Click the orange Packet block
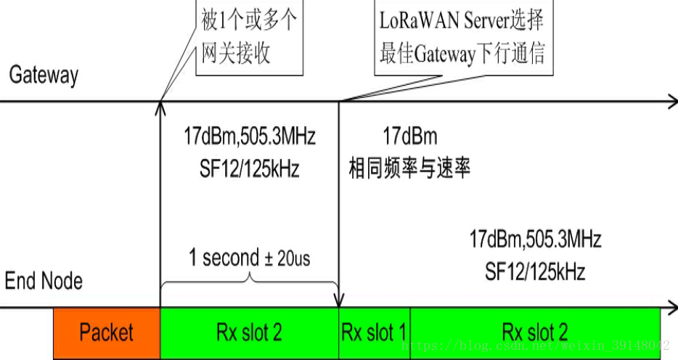pyautogui.click(x=106, y=332)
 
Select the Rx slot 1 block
pyautogui.click(x=375, y=332)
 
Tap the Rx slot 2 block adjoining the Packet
pyautogui.click(x=249, y=332)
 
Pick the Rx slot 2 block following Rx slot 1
pyautogui.click(x=535, y=332)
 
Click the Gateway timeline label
pyautogui.click(x=44, y=75)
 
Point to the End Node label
pyautogui.click(x=44, y=280)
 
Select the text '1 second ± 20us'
pyautogui.click(x=249, y=258)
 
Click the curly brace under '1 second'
pyautogui.click(x=249, y=279)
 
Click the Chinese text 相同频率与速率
pyautogui.click(x=409, y=168)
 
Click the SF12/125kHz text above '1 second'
pyautogui.click(x=249, y=168)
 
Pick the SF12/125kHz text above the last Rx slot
pyautogui.click(x=535, y=272)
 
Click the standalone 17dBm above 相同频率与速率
pyautogui.click(x=410, y=136)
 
